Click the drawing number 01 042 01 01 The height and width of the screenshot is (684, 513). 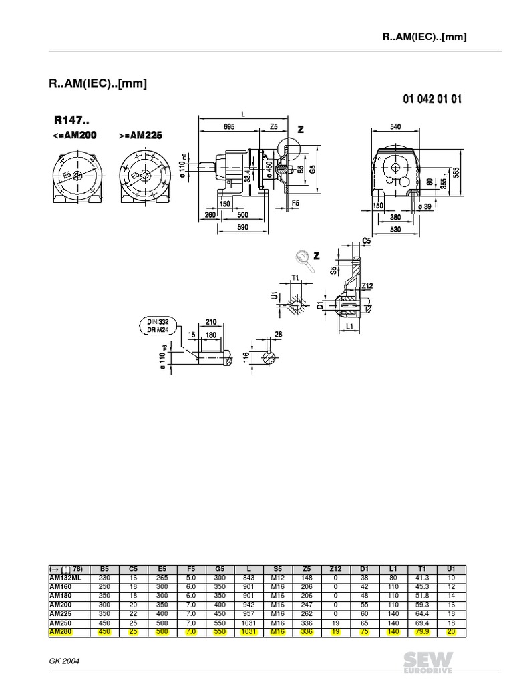[432, 99]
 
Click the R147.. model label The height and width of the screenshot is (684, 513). [75, 120]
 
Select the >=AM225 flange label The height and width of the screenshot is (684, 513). [140, 136]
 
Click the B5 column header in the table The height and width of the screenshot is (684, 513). [104, 568]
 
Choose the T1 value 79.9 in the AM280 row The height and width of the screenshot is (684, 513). [422, 633]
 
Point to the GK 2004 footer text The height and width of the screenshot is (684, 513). [66, 659]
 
